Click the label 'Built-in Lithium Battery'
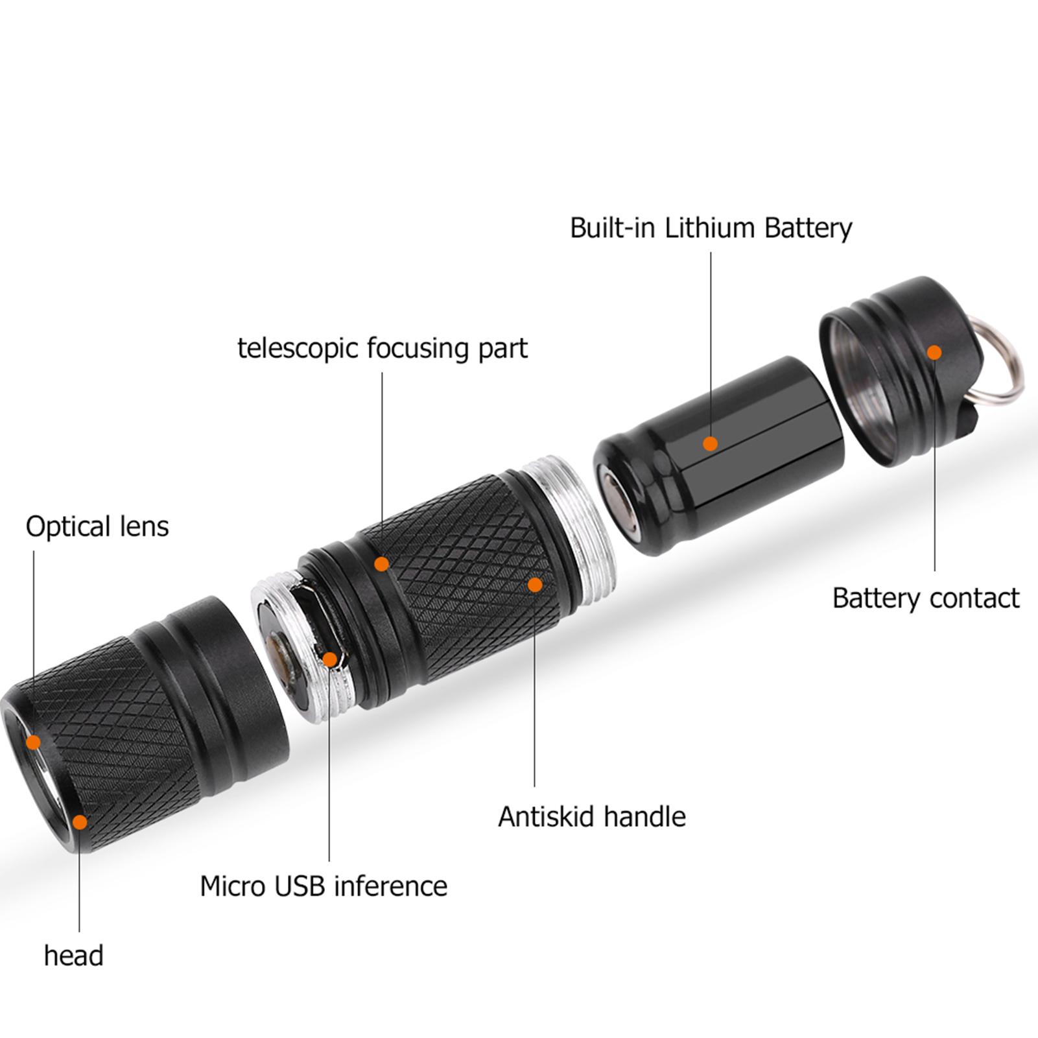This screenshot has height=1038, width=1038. click(x=711, y=228)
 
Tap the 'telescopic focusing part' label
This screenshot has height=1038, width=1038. click(x=383, y=348)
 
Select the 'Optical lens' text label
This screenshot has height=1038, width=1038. click(x=97, y=526)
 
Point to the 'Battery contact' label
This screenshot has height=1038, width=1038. click(x=926, y=598)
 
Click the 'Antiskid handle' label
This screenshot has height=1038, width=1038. click(x=591, y=816)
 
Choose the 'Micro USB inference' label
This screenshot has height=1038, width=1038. click(x=324, y=886)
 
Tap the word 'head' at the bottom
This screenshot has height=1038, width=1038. click(x=73, y=956)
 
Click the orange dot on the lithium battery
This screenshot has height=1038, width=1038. click(x=711, y=443)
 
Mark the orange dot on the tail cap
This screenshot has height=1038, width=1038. click(x=934, y=352)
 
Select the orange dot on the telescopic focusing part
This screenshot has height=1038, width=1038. click(x=382, y=564)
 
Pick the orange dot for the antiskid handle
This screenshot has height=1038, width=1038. click(x=535, y=585)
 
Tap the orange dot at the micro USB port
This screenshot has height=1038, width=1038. click(x=330, y=660)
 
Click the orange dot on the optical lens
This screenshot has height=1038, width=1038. click(x=33, y=742)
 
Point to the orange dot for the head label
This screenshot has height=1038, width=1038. click(x=80, y=822)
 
